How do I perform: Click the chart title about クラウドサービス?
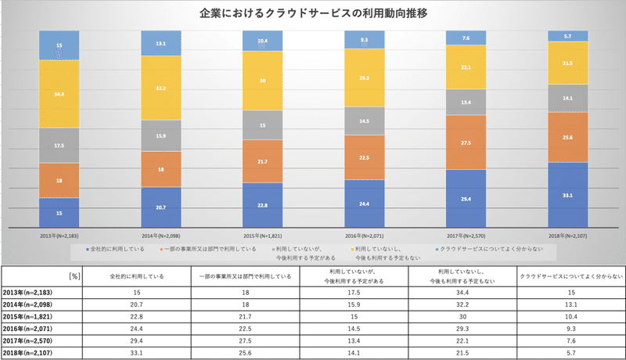tap(313, 14)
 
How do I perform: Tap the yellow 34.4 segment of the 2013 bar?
tap(59, 94)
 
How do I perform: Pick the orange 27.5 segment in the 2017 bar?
tap(466, 142)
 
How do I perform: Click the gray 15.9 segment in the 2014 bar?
tap(160, 135)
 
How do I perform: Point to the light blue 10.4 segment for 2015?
tap(263, 41)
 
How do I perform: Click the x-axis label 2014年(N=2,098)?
tap(160, 235)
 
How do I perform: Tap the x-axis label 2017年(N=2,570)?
tap(466, 235)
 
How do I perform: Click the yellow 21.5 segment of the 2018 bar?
tap(568, 63)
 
